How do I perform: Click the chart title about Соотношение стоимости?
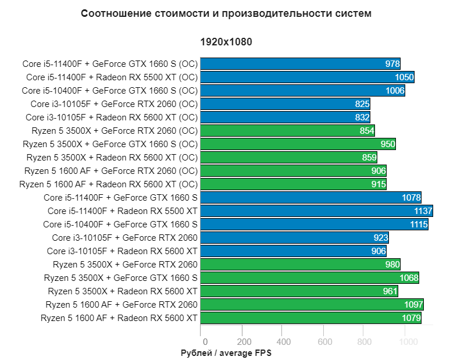(226, 13)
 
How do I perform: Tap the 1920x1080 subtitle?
(226, 42)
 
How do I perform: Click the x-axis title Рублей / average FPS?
(226, 352)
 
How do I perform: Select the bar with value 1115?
(314, 224)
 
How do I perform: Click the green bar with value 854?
(287, 131)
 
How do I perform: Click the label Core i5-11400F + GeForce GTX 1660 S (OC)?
(110, 64)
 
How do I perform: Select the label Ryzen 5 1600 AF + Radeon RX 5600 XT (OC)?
(109, 184)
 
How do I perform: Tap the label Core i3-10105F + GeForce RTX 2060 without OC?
(124, 237)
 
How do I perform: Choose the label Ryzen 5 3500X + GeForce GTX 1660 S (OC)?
(110, 144)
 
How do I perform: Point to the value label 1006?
(395, 91)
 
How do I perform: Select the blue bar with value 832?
(285, 117)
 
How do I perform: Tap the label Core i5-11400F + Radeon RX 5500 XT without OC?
(123, 211)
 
